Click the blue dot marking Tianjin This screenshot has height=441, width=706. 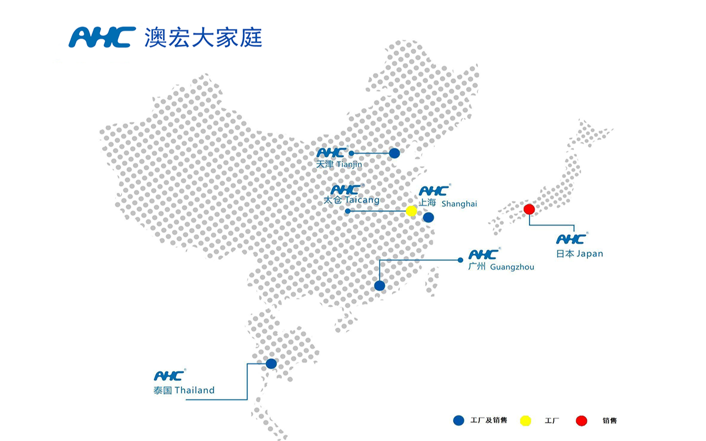394,153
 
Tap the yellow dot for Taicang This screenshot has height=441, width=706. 411,211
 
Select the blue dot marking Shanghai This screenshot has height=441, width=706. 429,217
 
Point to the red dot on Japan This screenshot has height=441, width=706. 529,209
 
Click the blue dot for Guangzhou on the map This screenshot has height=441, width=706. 379,286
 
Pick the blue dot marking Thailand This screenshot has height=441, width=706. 271,364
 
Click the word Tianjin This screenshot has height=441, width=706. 349,165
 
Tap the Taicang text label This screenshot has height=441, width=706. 362,200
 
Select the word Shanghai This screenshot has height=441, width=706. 459,204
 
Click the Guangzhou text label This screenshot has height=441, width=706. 512,267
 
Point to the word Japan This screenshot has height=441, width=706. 590,254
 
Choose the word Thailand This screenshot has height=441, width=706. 195,391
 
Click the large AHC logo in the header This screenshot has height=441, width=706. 102,37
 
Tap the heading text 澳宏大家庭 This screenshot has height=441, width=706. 203,38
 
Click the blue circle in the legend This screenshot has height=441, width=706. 458,420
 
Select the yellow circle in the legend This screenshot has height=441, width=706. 526,420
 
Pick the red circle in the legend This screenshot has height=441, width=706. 581,420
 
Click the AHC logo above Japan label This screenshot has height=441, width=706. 571,239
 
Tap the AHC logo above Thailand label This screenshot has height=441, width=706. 169,376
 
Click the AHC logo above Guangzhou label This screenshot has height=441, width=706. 483,254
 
